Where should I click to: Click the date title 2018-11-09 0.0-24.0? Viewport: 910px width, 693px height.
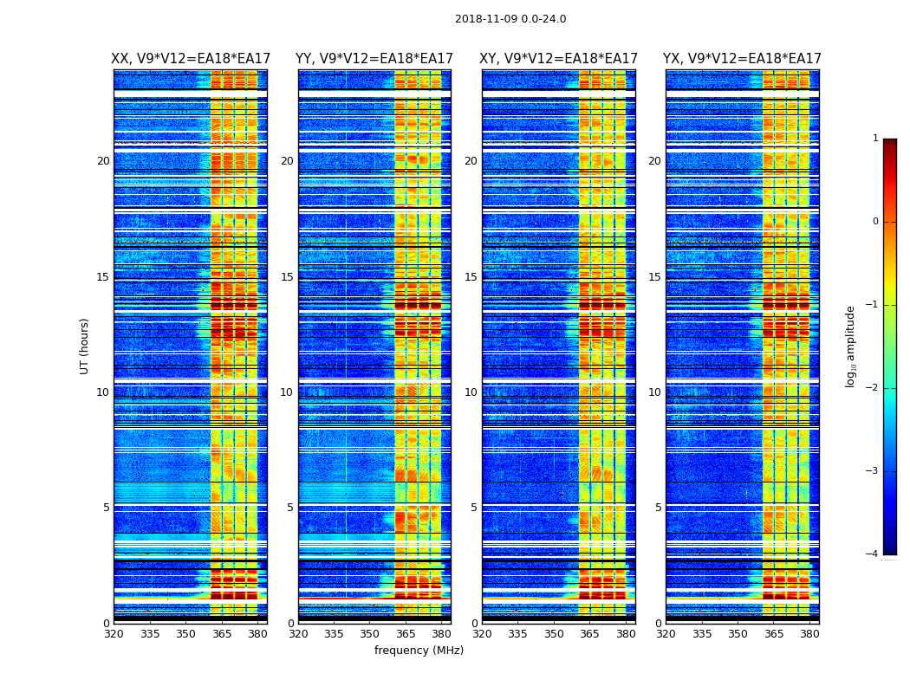point(510,19)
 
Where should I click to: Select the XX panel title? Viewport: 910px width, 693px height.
point(191,59)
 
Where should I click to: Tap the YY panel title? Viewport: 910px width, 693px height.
point(374,59)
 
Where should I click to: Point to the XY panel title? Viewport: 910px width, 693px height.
point(559,59)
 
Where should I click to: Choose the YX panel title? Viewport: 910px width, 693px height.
point(742,59)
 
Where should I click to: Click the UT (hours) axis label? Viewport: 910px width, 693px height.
point(85,346)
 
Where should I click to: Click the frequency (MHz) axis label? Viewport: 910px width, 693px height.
point(419,651)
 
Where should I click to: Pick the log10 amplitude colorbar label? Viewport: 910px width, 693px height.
point(851,346)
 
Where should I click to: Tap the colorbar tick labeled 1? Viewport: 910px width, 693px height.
point(875,139)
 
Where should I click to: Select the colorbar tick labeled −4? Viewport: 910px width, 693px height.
point(874,554)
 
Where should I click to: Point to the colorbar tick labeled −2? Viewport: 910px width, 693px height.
point(874,388)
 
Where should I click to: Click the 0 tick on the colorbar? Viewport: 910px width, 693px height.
point(875,222)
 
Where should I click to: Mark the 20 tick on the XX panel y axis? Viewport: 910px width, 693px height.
point(103,161)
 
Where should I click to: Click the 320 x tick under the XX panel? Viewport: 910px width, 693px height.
point(114,634)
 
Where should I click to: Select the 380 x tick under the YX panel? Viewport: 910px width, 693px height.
point(809,634)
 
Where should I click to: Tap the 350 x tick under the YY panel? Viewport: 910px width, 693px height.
point(370,634)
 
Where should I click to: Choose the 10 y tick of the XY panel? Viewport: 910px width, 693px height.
point(471,392)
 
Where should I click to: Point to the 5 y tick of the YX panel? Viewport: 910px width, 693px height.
point(658,508)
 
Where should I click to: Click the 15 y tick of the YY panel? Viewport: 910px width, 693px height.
point(287,277)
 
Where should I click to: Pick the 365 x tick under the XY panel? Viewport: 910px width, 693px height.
point(590,634)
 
